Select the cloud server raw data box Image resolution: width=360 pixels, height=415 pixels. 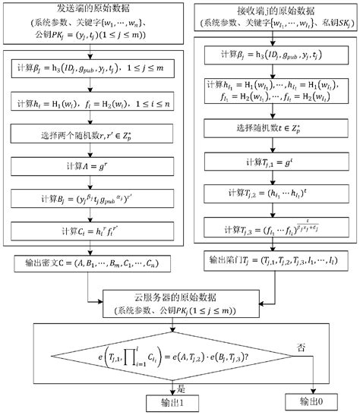(x=180, y=303)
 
